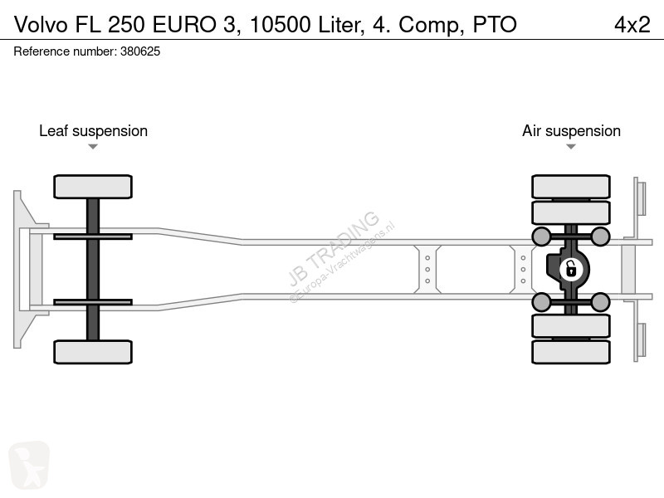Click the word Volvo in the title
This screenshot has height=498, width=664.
point(41,25)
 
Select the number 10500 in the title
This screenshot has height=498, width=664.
point(280,25)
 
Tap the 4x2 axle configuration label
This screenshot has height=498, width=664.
point(632,25)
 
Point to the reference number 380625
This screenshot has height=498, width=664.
point(140,51)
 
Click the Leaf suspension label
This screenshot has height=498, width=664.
point(93,131)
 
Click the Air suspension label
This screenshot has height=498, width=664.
point(571,131)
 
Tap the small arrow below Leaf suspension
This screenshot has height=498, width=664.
point(93,147)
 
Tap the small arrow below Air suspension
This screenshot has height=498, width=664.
point(571,147)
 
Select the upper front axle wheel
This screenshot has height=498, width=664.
point(93,187)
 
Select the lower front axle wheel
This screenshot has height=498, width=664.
point(93,352)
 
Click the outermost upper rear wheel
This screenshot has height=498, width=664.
point(571,187)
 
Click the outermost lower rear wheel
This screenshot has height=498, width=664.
point(571,352)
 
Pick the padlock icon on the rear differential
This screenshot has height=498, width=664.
point(571,269)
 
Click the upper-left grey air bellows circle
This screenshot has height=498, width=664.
point(541,237)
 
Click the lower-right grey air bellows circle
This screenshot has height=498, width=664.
point(600,302)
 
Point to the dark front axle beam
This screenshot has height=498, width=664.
point(93,269)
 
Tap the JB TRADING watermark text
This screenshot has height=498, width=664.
point(334,248)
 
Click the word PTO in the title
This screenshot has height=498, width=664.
point(495,25)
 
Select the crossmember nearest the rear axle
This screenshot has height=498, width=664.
point(523,269)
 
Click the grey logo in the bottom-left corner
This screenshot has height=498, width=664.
point(29,465)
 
